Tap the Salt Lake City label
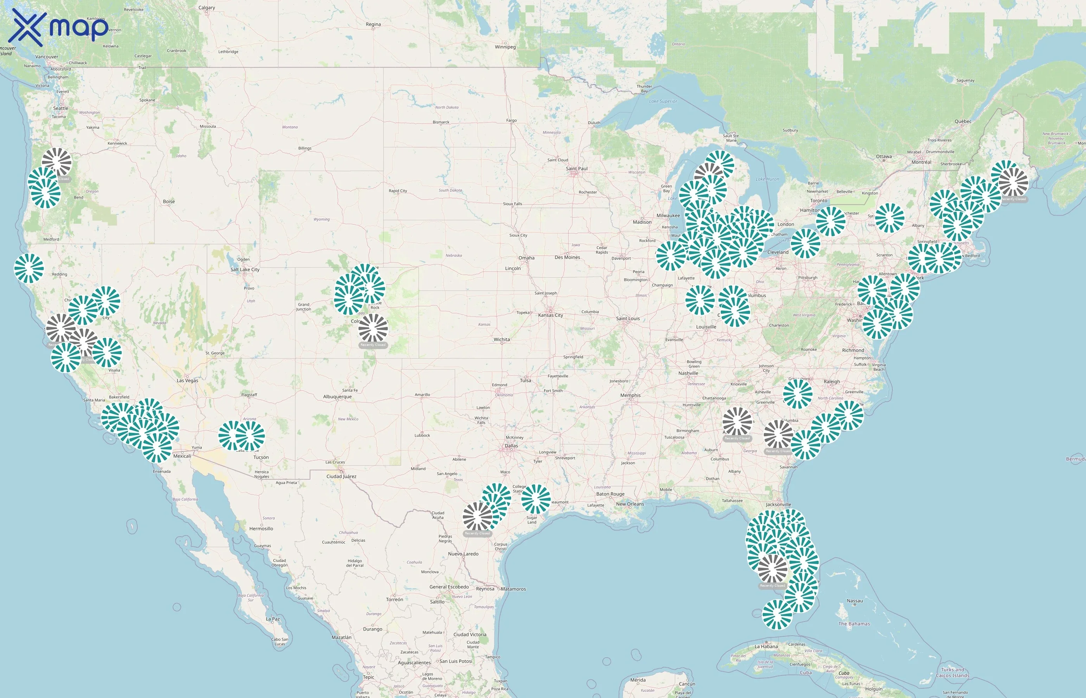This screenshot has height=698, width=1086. coord(245,270)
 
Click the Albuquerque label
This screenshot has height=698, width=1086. coord(337,397)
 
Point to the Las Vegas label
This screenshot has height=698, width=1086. coord(187,381)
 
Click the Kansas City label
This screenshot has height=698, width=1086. coord(550,315)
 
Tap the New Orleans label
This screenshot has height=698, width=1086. coord(629,504)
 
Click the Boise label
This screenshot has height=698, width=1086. coord(169,201)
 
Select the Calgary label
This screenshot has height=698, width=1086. coord(207,8)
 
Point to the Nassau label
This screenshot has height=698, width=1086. coord(854,601)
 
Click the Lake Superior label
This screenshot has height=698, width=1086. coord(663,102)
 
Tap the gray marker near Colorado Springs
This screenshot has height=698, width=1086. coord(373,328)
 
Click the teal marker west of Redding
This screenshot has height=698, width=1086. coord(29,268)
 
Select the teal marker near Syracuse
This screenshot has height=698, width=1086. coord(889,218)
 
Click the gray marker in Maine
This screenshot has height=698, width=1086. coord(1013,182)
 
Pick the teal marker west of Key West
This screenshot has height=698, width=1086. coord(777,615)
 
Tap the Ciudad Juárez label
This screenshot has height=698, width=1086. coord(341,476)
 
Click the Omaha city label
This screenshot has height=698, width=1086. coord(526,258)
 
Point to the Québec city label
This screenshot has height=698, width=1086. coord(963,121)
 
